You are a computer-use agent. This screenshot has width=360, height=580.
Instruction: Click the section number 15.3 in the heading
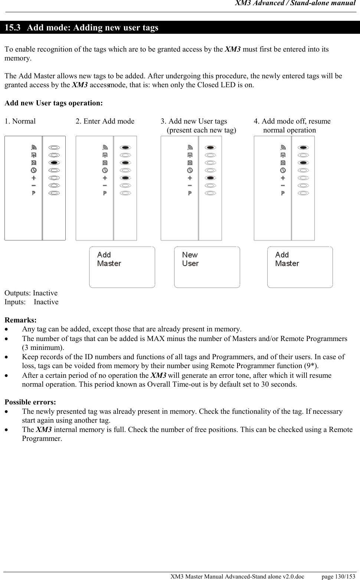(12, 28)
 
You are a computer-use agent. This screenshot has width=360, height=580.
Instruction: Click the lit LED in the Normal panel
(54, 163)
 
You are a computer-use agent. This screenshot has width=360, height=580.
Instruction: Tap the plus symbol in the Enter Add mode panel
(105, 178)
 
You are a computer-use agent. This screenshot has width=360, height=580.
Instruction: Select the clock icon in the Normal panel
(34, 170)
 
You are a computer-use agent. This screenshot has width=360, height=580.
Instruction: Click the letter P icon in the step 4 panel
(283, 193)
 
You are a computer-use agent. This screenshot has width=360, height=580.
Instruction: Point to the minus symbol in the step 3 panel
(190, 185)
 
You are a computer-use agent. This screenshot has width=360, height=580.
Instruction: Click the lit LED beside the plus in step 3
(210, 178)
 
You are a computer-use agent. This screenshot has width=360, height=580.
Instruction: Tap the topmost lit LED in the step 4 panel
(303, 147)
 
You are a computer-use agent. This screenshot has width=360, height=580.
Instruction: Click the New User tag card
(207, 267)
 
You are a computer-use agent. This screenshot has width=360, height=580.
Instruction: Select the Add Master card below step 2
(122, 267)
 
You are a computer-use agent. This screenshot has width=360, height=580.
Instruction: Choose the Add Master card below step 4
(300, 267)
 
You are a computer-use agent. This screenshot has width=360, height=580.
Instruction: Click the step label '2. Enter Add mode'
(105, 121)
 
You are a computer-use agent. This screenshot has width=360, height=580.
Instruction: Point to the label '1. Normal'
(20, 121)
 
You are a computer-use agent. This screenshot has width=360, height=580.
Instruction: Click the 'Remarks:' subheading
(20, 320)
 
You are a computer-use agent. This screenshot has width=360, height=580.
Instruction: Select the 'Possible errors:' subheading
(30, 402)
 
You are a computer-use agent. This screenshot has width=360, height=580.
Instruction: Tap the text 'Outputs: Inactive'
(31, 293)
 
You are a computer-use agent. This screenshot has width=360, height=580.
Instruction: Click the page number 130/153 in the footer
(338, 576)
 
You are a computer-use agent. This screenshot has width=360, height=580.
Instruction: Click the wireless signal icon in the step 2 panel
(105, 147)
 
